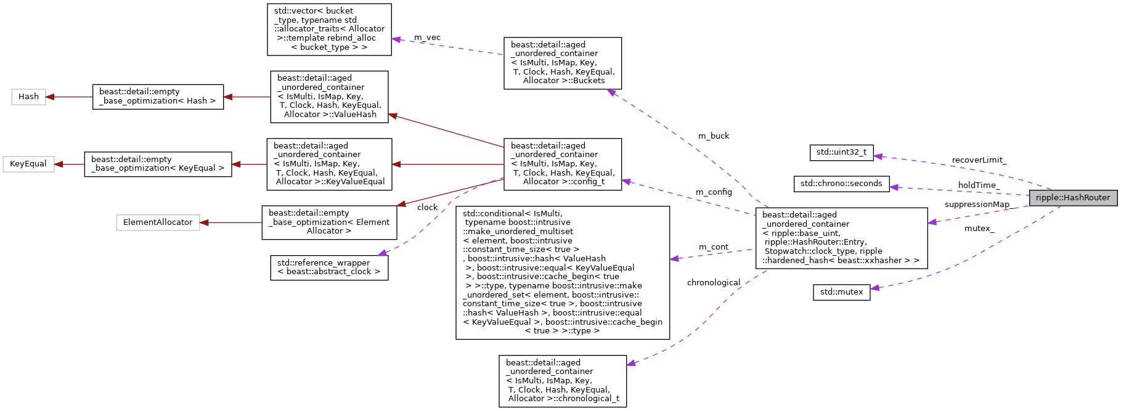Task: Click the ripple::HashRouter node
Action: [x=1072, y=198]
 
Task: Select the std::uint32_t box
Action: [x=841, y=152]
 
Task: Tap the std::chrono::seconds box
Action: [x=841, y=184]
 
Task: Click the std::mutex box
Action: [x=841, y=292]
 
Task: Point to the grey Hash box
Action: [x=28, y=97]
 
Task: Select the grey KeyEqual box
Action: [x=28, y=164]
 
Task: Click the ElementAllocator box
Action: [x=158, y=222]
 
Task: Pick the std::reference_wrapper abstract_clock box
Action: [x=329, y=267]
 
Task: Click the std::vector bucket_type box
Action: [x=329, y=29]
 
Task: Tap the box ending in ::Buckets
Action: [x=562, y=63]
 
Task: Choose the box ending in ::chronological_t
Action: [x=562, y=381]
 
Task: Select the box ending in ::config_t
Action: [x=562, y=164]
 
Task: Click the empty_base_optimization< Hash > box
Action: [x=158, y=97]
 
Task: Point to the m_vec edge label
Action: [x=427, y=38]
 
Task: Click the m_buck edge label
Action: [x=714, y=136]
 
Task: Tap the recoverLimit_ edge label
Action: [x=979, y=160]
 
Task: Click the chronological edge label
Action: [x=714, y=283]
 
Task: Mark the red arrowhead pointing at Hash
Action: [x=51, y=97]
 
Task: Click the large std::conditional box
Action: [x=562, y=272]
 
